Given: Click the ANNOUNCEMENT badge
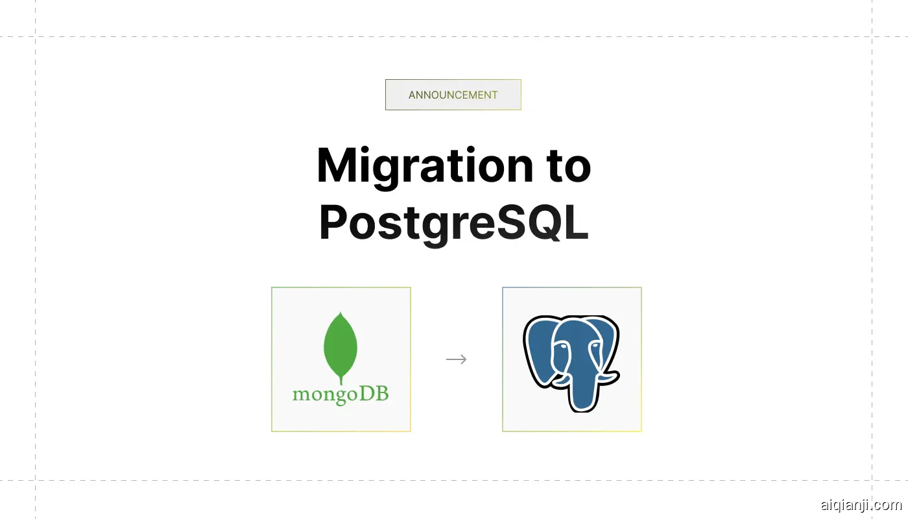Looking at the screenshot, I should pyautogui.click(x=453, y=95).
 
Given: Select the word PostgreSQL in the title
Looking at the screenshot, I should pyautogui.click(x=453, y=223).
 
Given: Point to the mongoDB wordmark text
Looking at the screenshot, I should pyautogui.click(x=340, y=394).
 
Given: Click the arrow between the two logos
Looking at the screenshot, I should pyautogui.click(x=457, y=359).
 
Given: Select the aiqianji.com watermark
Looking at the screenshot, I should pyautogui.click(x=861, y=505).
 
